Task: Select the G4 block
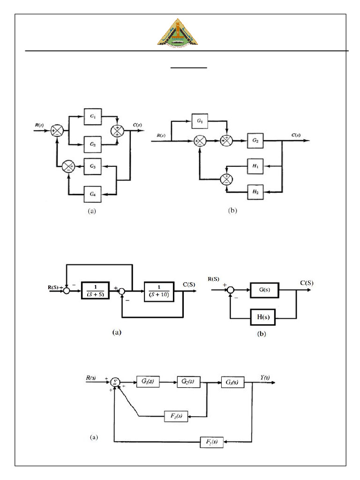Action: pos(93,192)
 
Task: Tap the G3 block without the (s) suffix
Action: pos(93,166)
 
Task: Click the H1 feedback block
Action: pos(255,165)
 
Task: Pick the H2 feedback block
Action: pos(255,191)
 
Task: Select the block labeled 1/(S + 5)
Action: pos(95,291)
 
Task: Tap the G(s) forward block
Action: pos(264,291)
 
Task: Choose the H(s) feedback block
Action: pos(264,317)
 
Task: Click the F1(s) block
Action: pos(176,415)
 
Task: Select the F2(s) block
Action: pos(211,441)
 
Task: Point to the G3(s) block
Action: pos(232,382)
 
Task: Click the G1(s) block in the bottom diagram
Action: pos(148,382)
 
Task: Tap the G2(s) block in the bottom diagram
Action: pos(189,382)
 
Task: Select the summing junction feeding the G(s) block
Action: pos(231,291)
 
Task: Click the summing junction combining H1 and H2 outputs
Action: pos(227,179)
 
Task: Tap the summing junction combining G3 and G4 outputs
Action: pos(69,166)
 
